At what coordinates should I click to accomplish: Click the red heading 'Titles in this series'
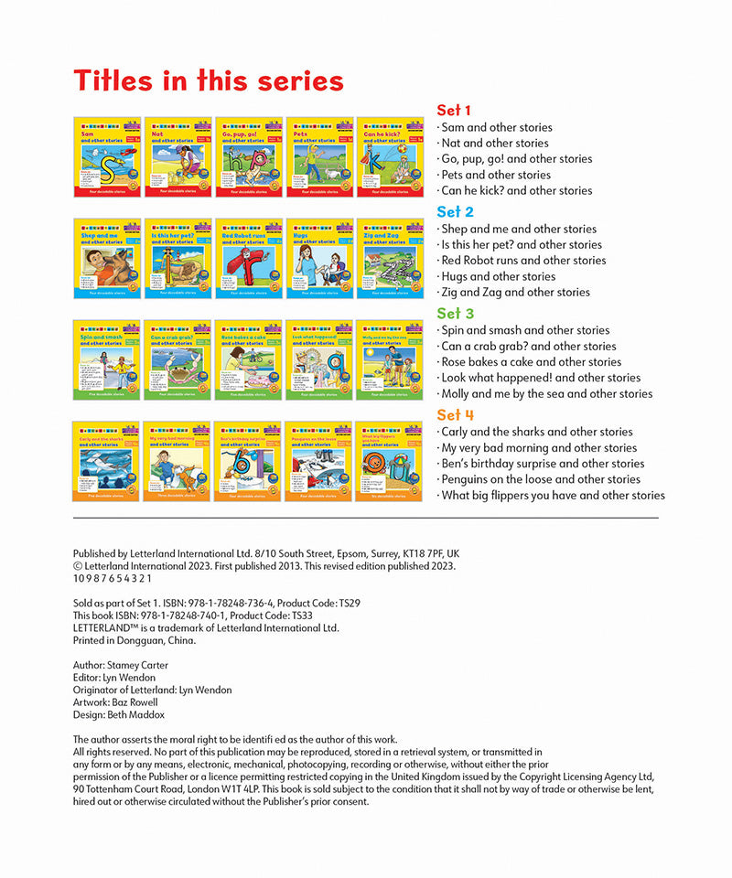point(209,80)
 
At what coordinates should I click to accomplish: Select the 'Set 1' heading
point(455,111)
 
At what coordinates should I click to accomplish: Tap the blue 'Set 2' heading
point(455,212)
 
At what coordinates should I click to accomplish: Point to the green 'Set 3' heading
point(455,314)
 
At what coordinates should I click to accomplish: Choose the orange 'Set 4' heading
point(455,415)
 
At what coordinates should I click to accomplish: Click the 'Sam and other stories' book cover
point(107,156)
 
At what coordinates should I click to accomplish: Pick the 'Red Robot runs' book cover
point(248,258)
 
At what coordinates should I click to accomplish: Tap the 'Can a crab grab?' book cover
point(178,359)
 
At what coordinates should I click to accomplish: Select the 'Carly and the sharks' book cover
point(106,461)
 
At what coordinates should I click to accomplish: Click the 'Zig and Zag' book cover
point(390,258)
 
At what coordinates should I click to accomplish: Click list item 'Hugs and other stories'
point(498,276)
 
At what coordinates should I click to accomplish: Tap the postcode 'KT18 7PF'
point(417,553)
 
